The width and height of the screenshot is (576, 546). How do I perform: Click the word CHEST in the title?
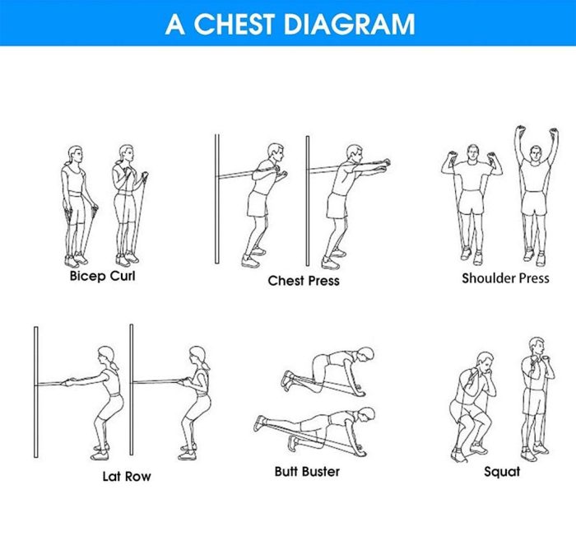(x=234, y=24)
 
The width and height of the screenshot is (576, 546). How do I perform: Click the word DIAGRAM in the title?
(x=350, y=24)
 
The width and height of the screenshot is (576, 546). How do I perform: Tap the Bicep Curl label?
(x=103, y=276)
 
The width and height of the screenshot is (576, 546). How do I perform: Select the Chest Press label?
(x=304, y=281)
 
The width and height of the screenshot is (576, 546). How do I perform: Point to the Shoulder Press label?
(x=505, y=278)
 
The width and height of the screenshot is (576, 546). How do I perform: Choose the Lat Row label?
(x=127, y=477)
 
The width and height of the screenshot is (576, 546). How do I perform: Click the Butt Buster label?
(x=307, y=472)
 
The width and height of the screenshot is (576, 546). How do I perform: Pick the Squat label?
(x=502, y=472)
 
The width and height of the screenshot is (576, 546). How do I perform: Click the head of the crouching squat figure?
(x=485, y=362)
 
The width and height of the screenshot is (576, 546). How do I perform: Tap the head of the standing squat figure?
(x=537, y=347)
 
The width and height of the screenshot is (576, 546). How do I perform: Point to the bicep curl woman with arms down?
(x=78, y=206)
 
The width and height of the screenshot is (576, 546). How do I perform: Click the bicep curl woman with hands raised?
(x=129, y=205)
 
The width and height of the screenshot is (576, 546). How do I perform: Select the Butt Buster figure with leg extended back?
(x=315, y=432)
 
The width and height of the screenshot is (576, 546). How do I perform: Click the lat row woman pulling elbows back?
(x=194, y=403)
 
